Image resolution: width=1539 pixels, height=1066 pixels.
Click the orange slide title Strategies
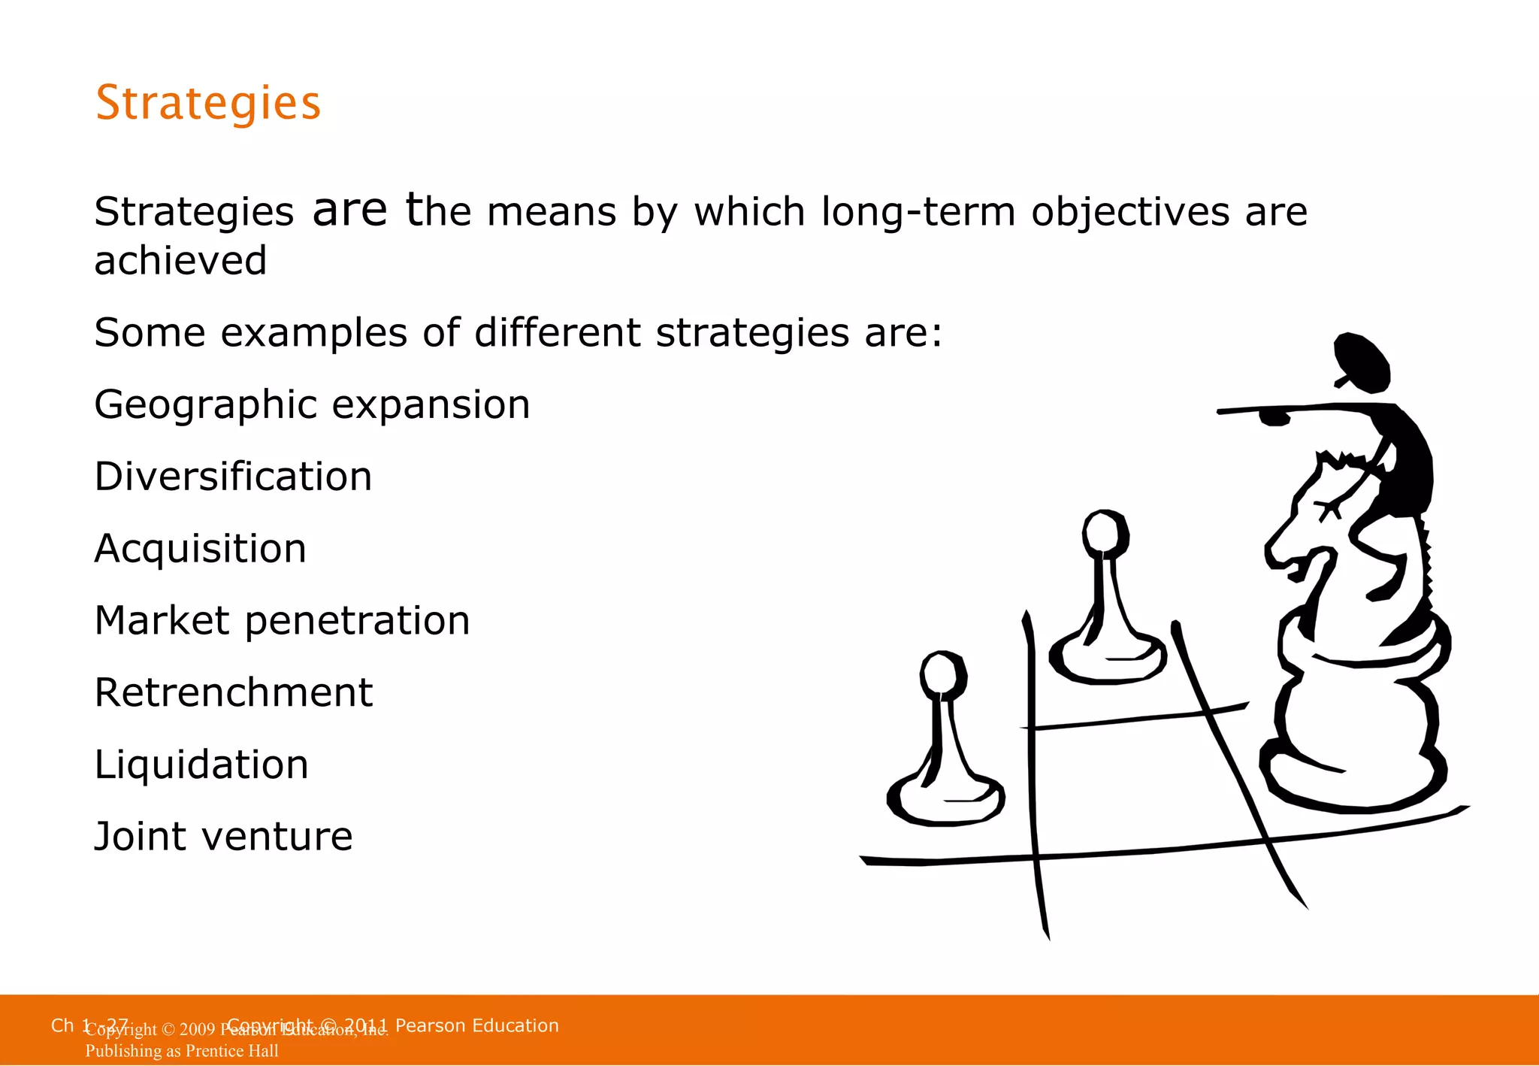tap(208, 103)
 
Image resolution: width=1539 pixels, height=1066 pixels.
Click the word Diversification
tap(233, 477)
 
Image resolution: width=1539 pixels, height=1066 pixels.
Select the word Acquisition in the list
tap(200, 549)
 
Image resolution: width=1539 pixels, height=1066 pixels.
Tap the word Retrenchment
tap(233, 692)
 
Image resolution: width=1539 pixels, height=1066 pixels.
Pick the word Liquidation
tap(201, 765)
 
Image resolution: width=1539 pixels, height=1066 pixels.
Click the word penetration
tap(357, 622)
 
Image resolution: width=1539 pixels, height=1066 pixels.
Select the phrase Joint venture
tap(223, 836)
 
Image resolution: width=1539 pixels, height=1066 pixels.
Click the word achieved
tap(180, 261)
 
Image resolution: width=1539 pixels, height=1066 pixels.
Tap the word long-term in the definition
tap(918, 211)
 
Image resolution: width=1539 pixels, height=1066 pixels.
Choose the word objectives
tap(1131, 212)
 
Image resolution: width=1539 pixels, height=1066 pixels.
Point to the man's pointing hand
tap(1274, 416)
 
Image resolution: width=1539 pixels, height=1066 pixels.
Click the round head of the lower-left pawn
tap(942, 674)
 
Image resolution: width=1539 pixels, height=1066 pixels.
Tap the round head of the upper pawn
tap(1105, 532)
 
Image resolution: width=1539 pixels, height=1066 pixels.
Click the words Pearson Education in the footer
tap(476, 1025)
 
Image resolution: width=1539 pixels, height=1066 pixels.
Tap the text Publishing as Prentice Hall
tap(182, 1051)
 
